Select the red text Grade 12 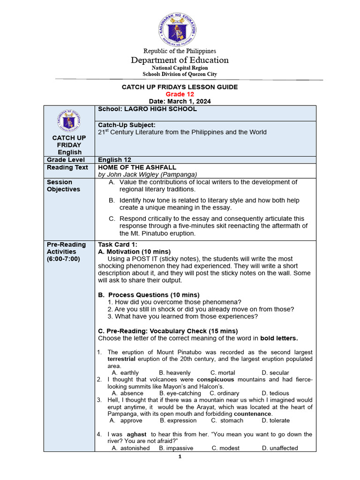(x=180, y=94)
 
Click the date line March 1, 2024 (x=180, y=101)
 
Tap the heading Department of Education (x=180, y=60)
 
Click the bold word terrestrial (x=121, y=359)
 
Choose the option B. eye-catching (x=180, y=393)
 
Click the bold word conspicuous (x=219, y=379)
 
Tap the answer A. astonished (x=131, y=448)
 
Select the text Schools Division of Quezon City (x=180, y=74)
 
